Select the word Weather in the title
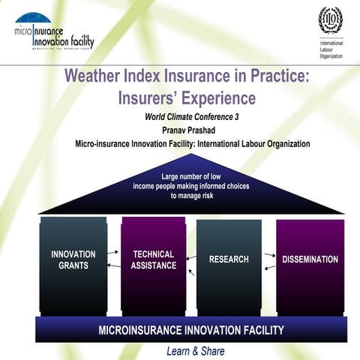pyautogui.click(x=95, y=76)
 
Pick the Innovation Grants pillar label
pyautogui.click(x=73, y=259)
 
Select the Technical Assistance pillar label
pyautogui.click(x=154, y=259)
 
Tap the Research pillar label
pyautogui.click(x=229, y=259)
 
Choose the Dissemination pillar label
pyautogui.click(x=310, y=259)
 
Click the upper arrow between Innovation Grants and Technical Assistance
pyautogui.click(x=113, y=253)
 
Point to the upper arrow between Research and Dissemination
pyautogui.click(x=268, y=255)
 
